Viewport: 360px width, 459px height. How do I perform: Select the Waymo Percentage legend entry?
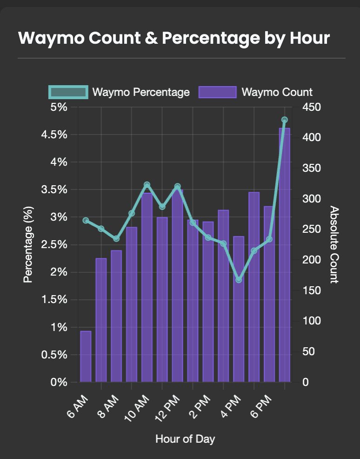[119, 92]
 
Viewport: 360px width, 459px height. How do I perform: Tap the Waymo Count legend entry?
[255, 92]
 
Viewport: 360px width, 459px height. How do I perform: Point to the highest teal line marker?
[284, 120]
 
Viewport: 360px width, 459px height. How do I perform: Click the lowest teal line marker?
[239, 280]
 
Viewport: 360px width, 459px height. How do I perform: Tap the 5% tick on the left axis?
[59, 107]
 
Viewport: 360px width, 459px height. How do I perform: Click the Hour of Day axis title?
[185, 439]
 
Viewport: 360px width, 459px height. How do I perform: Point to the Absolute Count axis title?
[333, 244]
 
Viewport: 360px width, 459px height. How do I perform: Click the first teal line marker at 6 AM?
[86, 220]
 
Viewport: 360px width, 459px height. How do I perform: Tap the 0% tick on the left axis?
[59, 382]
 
